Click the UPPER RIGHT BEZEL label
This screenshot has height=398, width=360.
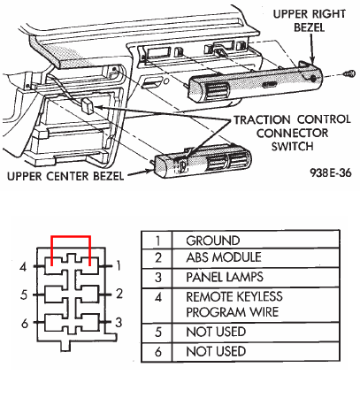309,20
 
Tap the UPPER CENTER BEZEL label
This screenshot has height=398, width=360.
65,176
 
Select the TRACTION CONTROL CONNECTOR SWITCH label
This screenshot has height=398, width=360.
292,133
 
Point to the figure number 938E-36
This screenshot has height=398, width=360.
331,172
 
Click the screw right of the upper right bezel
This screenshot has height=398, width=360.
350,73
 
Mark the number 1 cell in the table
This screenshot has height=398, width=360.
157,241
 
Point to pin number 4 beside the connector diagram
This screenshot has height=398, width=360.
23,267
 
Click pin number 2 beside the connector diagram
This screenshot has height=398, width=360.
119,294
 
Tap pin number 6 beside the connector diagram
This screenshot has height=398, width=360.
25,324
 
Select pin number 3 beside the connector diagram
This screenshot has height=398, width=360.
119,322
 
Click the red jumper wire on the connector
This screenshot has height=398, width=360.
71,236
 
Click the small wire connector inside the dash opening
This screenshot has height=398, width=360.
88,105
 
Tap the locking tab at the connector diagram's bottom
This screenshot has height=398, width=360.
65,346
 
